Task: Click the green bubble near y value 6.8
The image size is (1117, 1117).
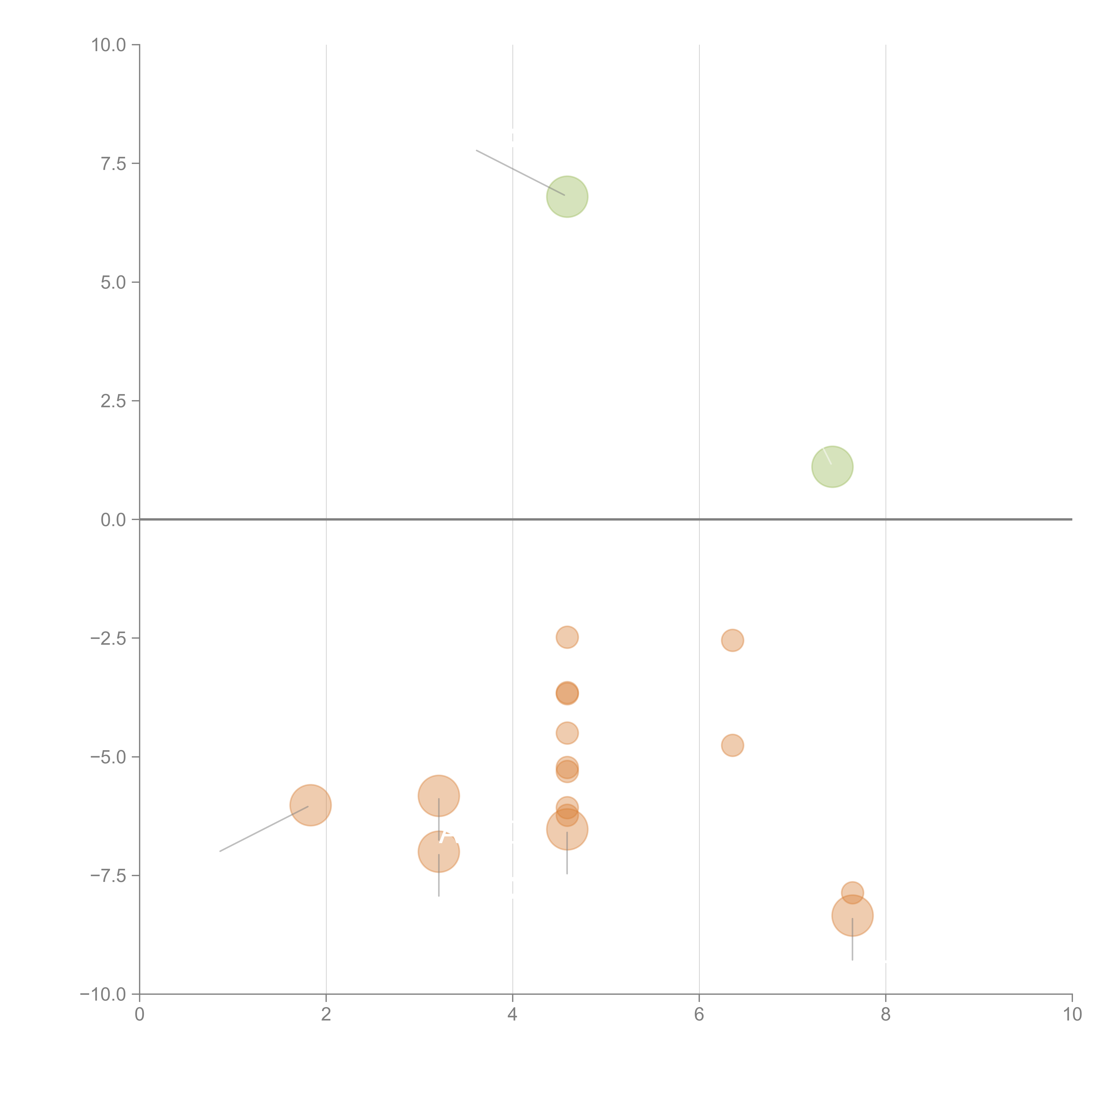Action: pyautogui.click(x=567, y=197)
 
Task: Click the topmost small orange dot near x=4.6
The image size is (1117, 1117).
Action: pyautogui.click(x=567, y=637)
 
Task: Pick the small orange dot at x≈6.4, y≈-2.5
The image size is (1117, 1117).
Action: pyautogui.click(x=733, y=640)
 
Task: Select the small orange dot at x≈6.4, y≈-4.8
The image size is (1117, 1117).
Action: pyautogui.click(x=733, y=745)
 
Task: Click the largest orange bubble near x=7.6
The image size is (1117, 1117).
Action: pyautogui.click(x=852, y=915)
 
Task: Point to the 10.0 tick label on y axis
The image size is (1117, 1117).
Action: pyautogui.click(x=109, y=45)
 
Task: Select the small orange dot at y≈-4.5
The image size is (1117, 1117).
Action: pyautogui.click(x=567, y=733)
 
